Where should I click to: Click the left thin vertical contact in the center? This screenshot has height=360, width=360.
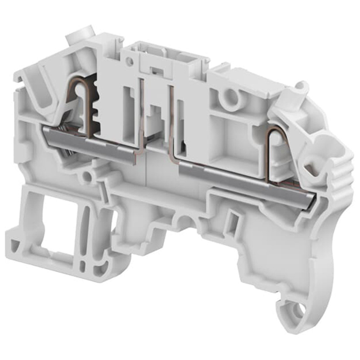(x=143, y=117)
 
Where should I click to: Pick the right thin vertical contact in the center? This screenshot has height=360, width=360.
(x=171, y=121)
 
